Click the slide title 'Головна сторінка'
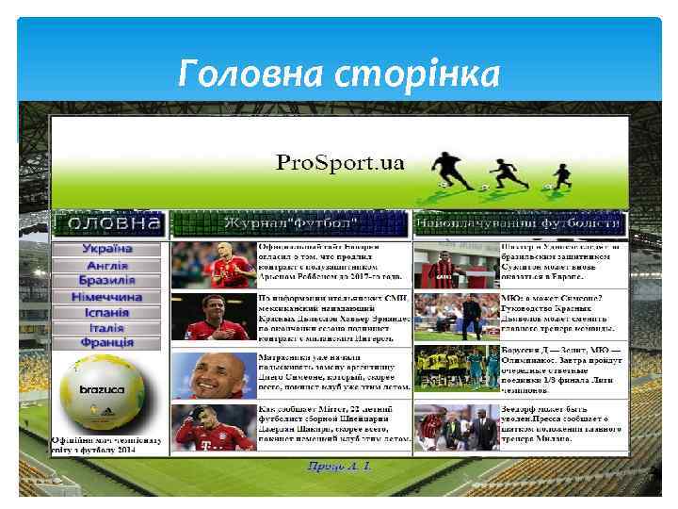pyautogui.click(x=339, y=73)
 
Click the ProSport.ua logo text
pyautogui.click(x=340, y=163)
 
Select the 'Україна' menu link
pyautogui.click(x=106, y=249)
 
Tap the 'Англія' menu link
pyautogui.click(x=106, y=265)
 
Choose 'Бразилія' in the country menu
pyautogui.click(x=106, y=280)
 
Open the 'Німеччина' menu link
pyautogui.click(x=106, y=296)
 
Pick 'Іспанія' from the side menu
pyautogui.click(x=106, y=312)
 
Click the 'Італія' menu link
pyautogui.click(x=106, y=327)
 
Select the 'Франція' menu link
pyautogui.click(x=106, y=342)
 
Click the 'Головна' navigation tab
pyautogui.click(x=107, y=223)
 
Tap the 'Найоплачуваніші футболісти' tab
pyautogui.click(x=520, y=224)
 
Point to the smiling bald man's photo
pyautogui.click(x=214, y=375)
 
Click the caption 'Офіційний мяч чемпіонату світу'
pyautogui.click(x=106, y=445)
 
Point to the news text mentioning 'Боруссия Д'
pyautogui.click(x=562, y=370)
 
